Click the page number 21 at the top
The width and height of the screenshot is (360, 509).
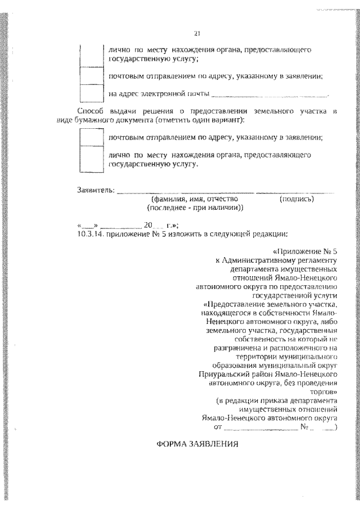click(197, 32)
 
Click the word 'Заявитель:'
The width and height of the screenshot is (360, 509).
click(96, 190)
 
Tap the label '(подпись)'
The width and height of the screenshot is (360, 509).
click(296, 199)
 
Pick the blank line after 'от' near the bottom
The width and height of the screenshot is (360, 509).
click(264, 428)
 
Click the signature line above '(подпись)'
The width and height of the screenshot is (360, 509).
click(296, 192)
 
